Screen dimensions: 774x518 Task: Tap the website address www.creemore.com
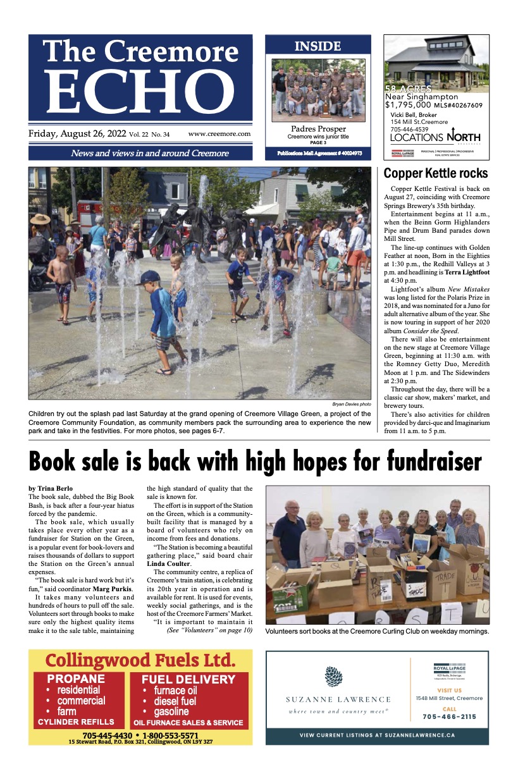219,134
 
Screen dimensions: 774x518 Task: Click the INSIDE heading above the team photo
318,46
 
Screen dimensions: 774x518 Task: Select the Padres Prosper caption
318,129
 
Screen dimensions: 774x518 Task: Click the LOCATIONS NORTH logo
435,137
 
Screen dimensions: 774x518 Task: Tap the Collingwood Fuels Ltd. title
140,661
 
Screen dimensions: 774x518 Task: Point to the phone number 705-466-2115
449,716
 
